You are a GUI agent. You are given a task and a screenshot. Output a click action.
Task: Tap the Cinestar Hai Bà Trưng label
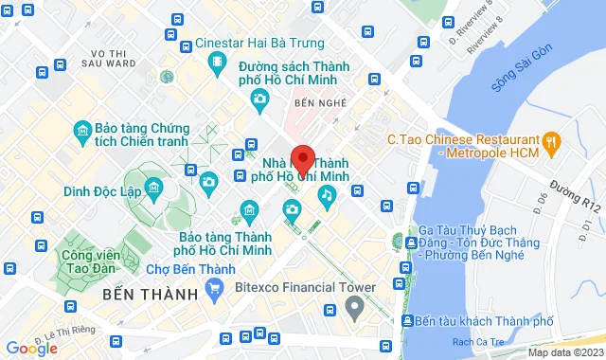[259, 43]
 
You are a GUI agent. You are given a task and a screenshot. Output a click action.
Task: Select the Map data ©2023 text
[563, 352]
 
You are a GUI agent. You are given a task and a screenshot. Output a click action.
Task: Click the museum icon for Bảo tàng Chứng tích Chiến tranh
[82, 129]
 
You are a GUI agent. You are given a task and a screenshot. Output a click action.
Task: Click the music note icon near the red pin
[327, 196]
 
